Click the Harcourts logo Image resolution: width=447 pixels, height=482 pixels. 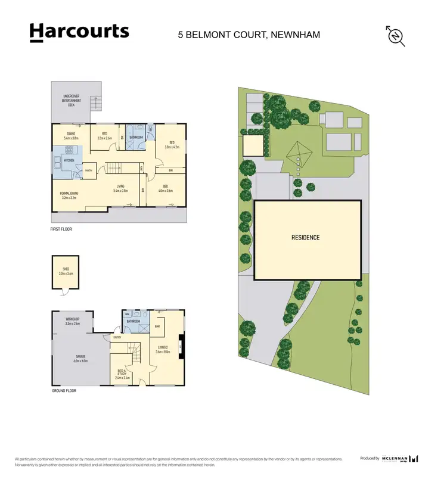point(79,32)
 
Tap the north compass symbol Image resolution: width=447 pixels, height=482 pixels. point(396,36)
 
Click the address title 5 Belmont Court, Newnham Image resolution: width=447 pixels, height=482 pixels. point(249,35)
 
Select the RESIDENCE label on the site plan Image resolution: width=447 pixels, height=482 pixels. point(305,238)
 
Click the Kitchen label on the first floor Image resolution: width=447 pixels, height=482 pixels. point(69,161)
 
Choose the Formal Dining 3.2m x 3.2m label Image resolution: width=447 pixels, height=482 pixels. point(69,195)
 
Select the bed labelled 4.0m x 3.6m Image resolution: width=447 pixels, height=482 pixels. point(165,189)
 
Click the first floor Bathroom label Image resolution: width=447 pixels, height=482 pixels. point(136,137)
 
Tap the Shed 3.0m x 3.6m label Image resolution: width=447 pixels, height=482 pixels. point(65,271)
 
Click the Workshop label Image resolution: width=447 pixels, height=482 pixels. point(72,322)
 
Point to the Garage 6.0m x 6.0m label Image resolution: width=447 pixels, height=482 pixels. point(80,359)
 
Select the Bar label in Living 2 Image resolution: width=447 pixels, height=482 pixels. point(157,326)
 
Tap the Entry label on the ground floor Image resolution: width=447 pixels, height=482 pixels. point(117,337)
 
